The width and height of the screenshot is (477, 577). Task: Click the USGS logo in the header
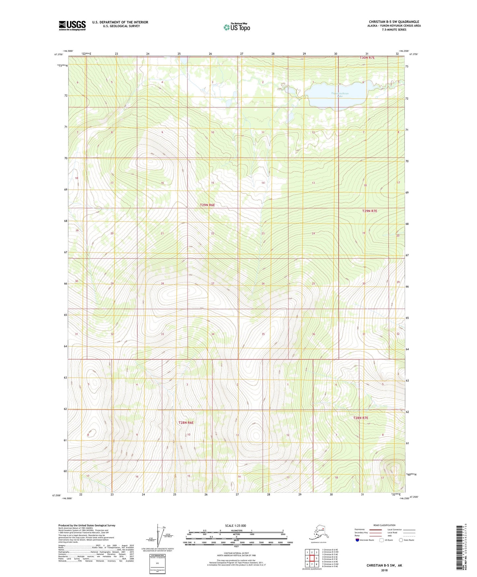point(72,25)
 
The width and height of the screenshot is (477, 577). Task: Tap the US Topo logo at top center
point(236,27)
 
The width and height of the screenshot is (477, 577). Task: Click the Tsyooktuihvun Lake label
point(340,95)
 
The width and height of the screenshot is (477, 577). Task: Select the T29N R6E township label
point(207,205)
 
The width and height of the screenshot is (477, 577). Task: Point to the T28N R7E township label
point(360,418)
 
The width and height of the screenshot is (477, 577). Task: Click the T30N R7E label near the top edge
point(367,58)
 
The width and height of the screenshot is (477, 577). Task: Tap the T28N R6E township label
point(186,422)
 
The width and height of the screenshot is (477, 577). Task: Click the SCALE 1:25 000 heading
point(235,525)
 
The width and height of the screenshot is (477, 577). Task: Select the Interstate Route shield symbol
point(357,540)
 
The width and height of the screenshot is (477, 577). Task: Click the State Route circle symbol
point(401,540)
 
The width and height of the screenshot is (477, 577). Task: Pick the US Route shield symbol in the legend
point(382,540)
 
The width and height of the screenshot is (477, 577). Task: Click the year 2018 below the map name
point(384,570)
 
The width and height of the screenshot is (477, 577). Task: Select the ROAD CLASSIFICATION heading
point(384,525)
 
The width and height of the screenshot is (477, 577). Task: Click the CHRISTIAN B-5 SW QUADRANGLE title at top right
point(394,22)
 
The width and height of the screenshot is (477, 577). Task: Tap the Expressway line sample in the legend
point(375,529)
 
